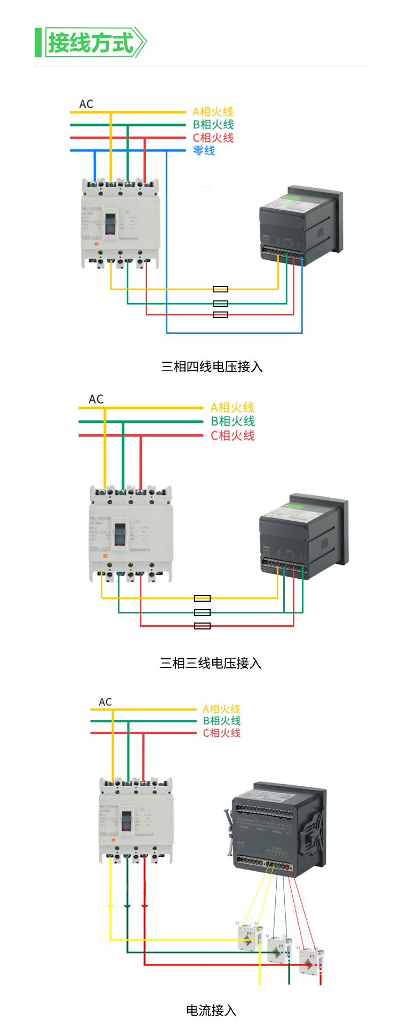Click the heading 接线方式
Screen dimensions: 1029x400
tap(91, 43)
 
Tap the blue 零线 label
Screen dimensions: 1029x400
tap(204, 151)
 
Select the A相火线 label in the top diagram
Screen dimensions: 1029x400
tap(213, 112)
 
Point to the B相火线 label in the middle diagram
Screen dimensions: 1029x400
tap(233, 421)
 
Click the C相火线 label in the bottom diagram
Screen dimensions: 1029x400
tap(221, 733)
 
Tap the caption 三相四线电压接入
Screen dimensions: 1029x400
tap(212, 367)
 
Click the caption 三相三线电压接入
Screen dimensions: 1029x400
tap(211, 664)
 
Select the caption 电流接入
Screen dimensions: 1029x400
tap(211, 1010)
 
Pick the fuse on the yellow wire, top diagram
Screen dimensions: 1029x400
tap(220, 289)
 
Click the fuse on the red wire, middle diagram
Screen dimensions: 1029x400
tap(202, 626)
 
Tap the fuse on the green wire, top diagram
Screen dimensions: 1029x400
tap(220, 304)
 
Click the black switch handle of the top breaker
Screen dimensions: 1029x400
tap(110, 224)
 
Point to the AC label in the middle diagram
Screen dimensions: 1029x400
tap(96, 400)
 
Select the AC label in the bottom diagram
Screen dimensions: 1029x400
tap(106, 702)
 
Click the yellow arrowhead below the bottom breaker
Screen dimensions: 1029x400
tap(110, 906)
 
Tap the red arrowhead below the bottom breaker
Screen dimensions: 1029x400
tap(145, 906)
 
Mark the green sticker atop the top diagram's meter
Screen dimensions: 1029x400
tap(292, 198)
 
